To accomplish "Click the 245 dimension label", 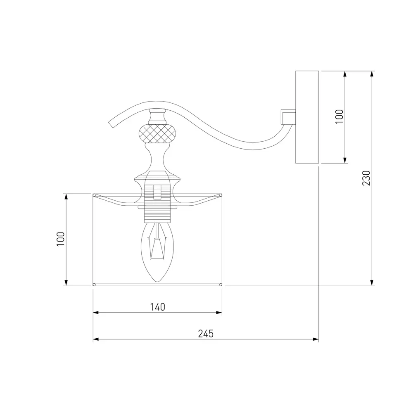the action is coord(206,334).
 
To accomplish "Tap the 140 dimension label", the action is coord(157,307).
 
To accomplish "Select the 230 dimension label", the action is coord(366,178).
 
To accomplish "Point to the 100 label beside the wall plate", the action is coord(339,117).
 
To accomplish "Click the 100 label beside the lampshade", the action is coord(61,239).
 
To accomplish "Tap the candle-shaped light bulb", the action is coord(157,252).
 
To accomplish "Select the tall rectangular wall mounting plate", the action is coord(307,117).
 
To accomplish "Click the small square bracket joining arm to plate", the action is coord(288,117).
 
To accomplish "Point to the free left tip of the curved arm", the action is coord(111,125).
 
